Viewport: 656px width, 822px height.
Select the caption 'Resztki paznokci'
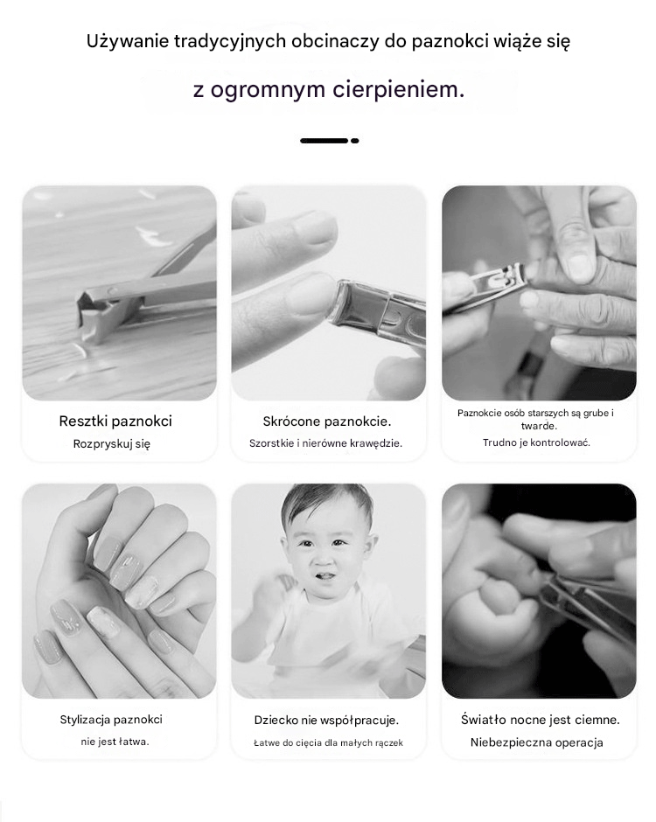tap(115, 421)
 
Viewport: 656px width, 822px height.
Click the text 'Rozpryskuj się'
tap(112, 444)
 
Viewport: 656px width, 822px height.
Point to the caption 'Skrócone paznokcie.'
tap(327, 421)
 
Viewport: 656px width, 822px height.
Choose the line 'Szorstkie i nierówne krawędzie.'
tap(325, 443)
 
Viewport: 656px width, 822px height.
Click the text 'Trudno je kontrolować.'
tap(536, 442)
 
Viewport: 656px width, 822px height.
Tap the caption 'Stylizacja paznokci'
tap(111, 720)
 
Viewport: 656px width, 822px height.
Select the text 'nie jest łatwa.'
tap(115, 742)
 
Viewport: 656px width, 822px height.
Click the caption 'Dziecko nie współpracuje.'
tap(327, 721)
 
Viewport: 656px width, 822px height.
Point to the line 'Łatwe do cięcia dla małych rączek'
tap(328, 742)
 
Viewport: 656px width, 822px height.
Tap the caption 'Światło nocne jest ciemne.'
tap(541, 720)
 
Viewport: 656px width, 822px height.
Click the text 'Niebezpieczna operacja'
tap(536, 742)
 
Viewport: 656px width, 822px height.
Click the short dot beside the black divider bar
tap(355, 141)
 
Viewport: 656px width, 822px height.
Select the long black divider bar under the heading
tap(325, 141)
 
